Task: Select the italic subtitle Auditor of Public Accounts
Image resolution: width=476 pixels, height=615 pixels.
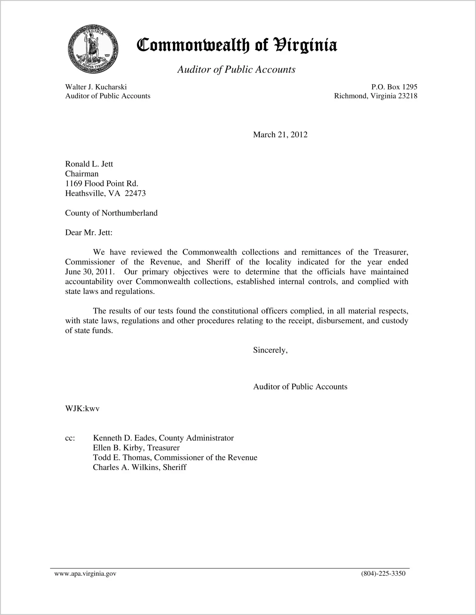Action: coord(236,69)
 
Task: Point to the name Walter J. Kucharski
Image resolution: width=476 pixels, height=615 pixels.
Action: coord(96,87)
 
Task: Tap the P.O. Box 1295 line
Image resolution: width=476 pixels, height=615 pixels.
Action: coord(394,87)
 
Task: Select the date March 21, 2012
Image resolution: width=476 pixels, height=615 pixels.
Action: coord(280,135)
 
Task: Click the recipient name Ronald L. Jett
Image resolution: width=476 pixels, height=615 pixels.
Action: coord(89,164)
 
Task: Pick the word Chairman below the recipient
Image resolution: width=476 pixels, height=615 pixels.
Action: coord(82,174)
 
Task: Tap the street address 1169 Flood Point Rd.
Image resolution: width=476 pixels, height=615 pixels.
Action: coord(102,184)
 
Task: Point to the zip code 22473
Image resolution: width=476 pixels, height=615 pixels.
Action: coord(135,193)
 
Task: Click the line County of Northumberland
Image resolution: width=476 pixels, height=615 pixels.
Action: coord(111,213)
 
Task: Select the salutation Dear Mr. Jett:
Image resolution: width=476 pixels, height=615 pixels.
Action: coord(89,232)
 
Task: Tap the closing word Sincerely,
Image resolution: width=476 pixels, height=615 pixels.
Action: coord(270,350)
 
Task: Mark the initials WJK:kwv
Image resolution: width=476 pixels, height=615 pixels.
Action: coord(82,409)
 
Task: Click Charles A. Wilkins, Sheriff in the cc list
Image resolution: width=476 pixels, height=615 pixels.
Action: coord(140,468)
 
